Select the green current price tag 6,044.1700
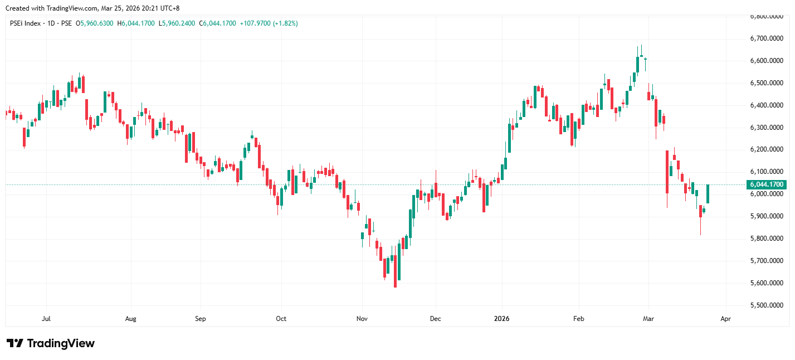click(767, 184)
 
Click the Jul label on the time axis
click(47, 319)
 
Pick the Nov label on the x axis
click(362, 319)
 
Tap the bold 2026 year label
click(502, 319)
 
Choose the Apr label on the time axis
click(725, 319)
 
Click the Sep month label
click(201, 319)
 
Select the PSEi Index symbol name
click(25, 23)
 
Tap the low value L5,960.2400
click(177, 23)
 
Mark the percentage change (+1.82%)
click(285, 23)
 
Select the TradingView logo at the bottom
click(51, 343)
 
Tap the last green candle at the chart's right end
click(708, 194)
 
